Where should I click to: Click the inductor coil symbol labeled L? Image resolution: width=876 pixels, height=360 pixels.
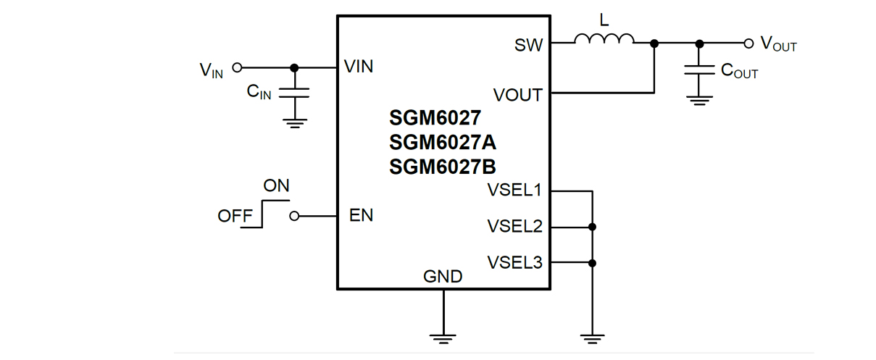point(604,40)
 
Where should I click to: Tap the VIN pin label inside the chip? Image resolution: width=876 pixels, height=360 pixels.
point(359,67)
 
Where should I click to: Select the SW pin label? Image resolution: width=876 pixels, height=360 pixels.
point(528,45)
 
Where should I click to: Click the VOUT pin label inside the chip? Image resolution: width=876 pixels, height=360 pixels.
point(517,95)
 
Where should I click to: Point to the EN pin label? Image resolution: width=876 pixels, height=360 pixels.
point(361,215)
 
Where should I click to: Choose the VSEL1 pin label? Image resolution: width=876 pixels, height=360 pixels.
point(514,191)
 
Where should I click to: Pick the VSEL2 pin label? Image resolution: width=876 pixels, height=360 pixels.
point(514,227)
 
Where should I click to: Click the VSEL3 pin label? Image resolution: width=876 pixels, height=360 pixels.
point(514,262)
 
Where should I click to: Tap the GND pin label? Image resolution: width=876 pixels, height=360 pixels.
point(443,276)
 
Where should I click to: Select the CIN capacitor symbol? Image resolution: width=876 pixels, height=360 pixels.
point(294,92)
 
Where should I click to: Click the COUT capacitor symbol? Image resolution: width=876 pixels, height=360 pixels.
point(699,70)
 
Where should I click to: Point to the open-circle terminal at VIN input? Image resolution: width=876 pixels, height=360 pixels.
point(236,67)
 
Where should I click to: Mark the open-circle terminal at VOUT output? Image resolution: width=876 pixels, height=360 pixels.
point(748,43)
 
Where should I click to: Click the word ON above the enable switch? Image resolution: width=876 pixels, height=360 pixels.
point(276,186)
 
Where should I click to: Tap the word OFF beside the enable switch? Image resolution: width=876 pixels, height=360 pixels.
point(235,216)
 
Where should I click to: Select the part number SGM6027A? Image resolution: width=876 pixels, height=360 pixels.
point(443,141)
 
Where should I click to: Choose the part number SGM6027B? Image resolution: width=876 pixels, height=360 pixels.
point(443,167)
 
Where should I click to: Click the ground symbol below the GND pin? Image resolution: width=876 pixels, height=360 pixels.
point(443,338)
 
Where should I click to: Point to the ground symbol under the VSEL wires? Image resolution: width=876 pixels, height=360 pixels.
point(592,338)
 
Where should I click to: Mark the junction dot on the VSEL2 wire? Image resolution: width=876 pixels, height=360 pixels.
point(592,227)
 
